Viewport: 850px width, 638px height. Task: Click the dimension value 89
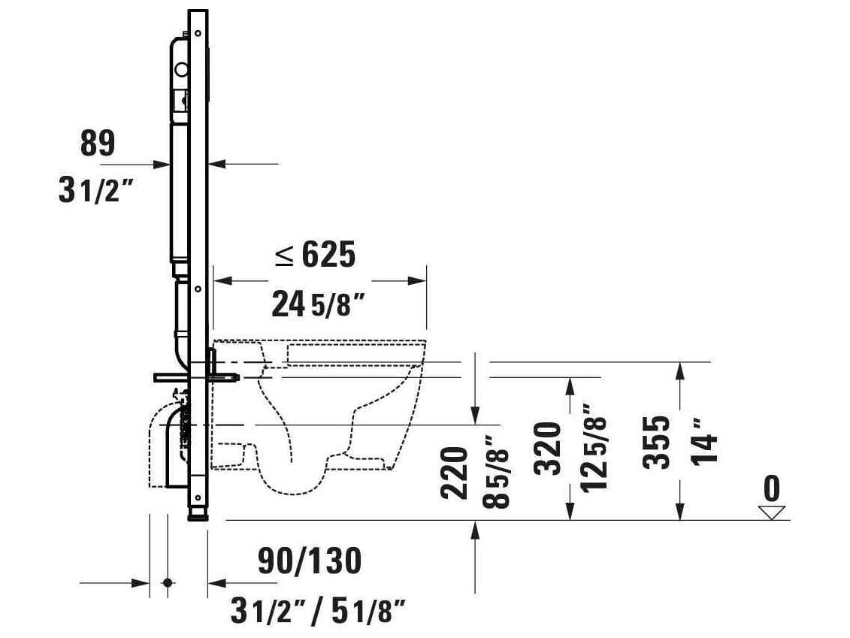pos(97,144)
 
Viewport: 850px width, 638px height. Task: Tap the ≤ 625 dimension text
pos(314,256)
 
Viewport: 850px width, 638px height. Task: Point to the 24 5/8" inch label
pos(318,306)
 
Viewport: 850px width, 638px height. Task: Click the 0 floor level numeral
pos(771,489)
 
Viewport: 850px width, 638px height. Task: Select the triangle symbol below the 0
pos(771,513)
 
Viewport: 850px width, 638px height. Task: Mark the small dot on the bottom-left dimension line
pos(168,582)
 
